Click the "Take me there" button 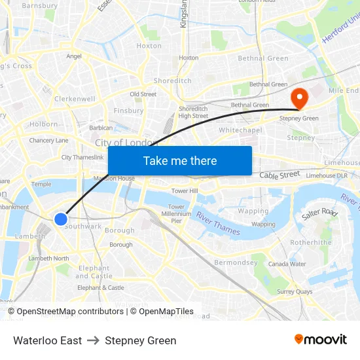point(179,160)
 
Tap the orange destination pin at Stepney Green point(299,98)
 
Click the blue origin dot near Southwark point(60,219)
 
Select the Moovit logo point(321,340)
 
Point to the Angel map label point(74,56)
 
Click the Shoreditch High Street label point(193,112)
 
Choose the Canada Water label point(287,264)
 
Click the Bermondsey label point(236,262)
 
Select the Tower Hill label point(184,190)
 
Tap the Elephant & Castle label point(100,287)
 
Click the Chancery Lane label point(48,140)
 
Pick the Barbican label point(101,128)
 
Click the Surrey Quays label point(295,291)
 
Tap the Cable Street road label point(279,175)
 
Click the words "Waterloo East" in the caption point(47,340)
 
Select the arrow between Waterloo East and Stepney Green point(93,340)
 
